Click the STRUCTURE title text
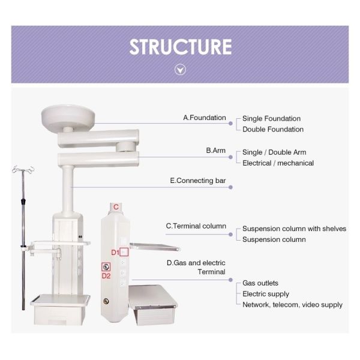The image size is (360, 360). pyautogui.click(x=180, y=47)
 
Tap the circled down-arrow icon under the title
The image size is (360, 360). pyautogui.click(x=180, y=70)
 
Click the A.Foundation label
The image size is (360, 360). pyautogui.click(x=205, y=118)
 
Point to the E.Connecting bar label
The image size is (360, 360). pyautogui.click(x=198, y=180)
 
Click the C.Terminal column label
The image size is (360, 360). pyautogui.click(x=196, y=226)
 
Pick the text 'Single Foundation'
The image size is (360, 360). pyautogui.click(x=271, y=119)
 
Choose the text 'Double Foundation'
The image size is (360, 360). pyautogui.click(x=273, y=130)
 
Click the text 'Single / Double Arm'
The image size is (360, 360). pyautogui.click(x=274, y=152)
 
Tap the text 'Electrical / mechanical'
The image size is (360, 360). pyautogui.click(x=278, y=163)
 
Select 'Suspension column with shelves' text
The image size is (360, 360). pyautogui.click(x=294, y=229)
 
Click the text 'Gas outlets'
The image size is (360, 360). pyautogui.click(x=260, y=283)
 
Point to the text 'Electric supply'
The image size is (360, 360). pyautogui.click(x=265, y=294)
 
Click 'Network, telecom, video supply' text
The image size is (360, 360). pyautogui.click(x=292, y=305)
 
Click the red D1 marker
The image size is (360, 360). pyautogui.click(x=115, y=253)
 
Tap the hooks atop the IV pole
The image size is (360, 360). pyautogui.click(x=23, y=171)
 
